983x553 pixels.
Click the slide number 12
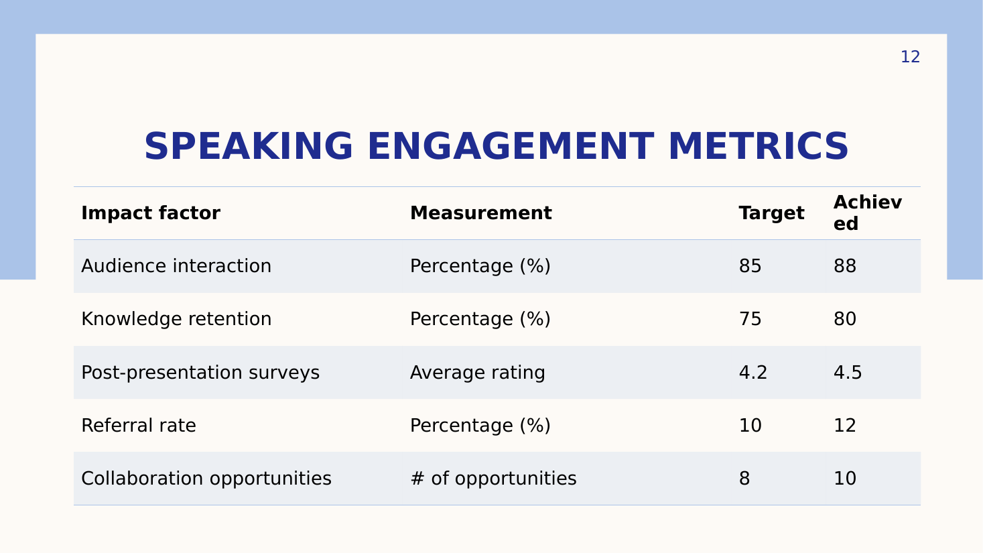point(910,57)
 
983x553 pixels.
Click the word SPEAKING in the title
point(249,147)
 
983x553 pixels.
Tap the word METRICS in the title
point(759,147)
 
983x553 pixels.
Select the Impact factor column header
point(151,213)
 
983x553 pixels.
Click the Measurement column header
point(480,213)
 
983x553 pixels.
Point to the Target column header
point(771,214)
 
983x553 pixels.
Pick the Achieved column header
point(868,213)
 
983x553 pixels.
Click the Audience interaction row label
point(176,266)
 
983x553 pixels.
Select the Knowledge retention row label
point(176,319)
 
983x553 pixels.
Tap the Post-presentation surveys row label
point(200,373)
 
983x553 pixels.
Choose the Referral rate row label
point(138,425)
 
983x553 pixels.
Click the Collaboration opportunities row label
point(206,479)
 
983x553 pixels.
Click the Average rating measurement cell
point(478,373)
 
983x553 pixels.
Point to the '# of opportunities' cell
point(493,479)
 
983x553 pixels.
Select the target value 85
point(750,266)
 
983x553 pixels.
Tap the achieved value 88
point(845,266)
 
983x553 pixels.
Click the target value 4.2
point(753,373)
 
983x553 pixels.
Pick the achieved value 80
point(845,319)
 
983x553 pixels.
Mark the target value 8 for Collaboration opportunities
point(744,479)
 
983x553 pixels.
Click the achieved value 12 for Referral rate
point(845,425)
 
